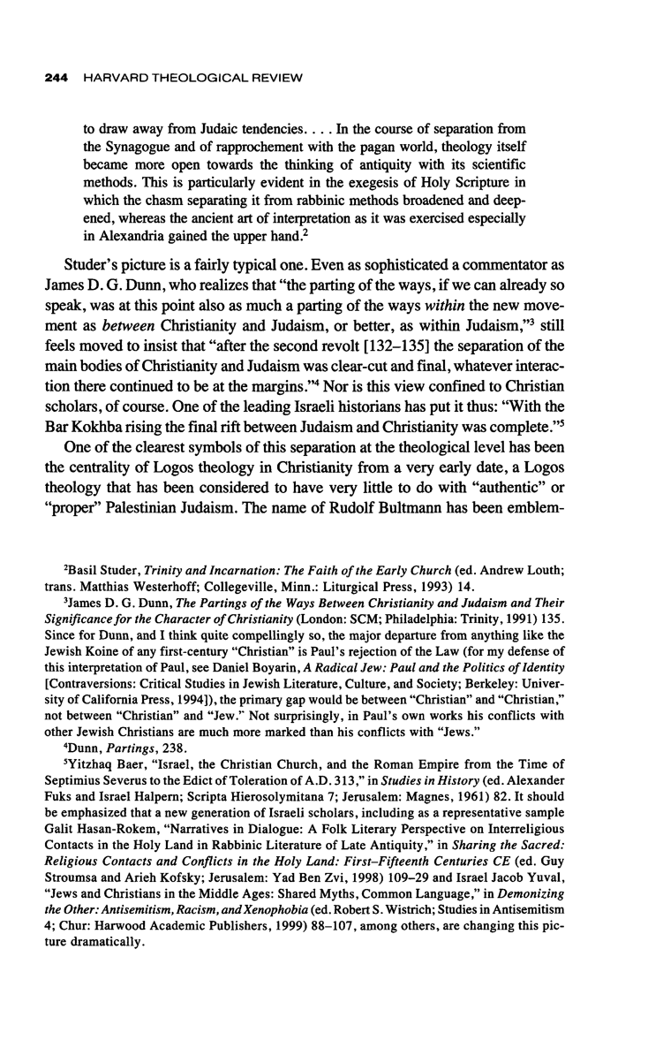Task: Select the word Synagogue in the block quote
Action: coord(145,145)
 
